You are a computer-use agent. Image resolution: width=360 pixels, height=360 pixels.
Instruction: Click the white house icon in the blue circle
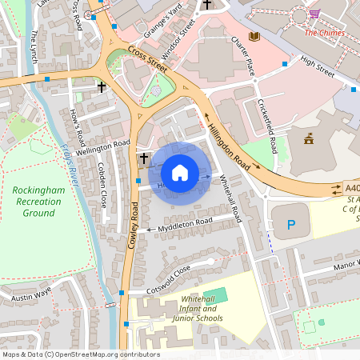point(180,173)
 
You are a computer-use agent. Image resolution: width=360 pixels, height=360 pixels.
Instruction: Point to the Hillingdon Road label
point(229,145)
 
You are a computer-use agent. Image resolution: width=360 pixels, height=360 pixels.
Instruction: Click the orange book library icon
point(254,37)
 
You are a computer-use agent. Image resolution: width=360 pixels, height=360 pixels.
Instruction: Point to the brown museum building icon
point(309,140)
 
